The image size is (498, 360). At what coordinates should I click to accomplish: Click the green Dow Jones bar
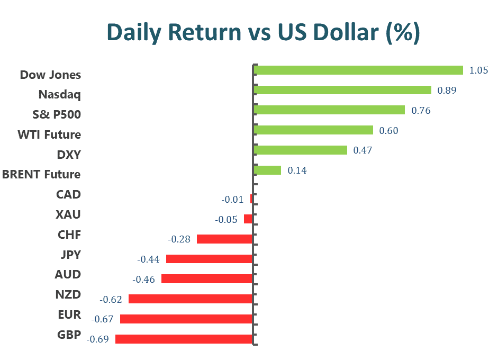358,70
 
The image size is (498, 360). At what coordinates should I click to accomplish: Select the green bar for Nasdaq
342,90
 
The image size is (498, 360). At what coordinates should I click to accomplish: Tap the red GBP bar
184,339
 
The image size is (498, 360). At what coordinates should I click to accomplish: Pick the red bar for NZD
190,299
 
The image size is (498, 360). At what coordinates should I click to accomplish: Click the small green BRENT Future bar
267,170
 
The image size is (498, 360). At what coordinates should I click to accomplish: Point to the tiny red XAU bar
248,219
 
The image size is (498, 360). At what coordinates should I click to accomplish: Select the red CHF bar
224,239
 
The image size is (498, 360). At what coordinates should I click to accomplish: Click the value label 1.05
478,70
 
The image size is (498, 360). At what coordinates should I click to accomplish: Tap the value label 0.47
363,150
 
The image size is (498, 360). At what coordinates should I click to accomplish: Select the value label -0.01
232,200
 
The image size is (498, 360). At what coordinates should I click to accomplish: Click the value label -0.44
148,259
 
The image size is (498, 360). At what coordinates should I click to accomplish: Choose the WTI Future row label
49,134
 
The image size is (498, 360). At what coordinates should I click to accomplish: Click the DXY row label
68,155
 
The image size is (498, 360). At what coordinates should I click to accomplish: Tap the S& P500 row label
57,114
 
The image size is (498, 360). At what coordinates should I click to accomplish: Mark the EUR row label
69,315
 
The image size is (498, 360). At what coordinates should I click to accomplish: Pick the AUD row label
68,274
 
